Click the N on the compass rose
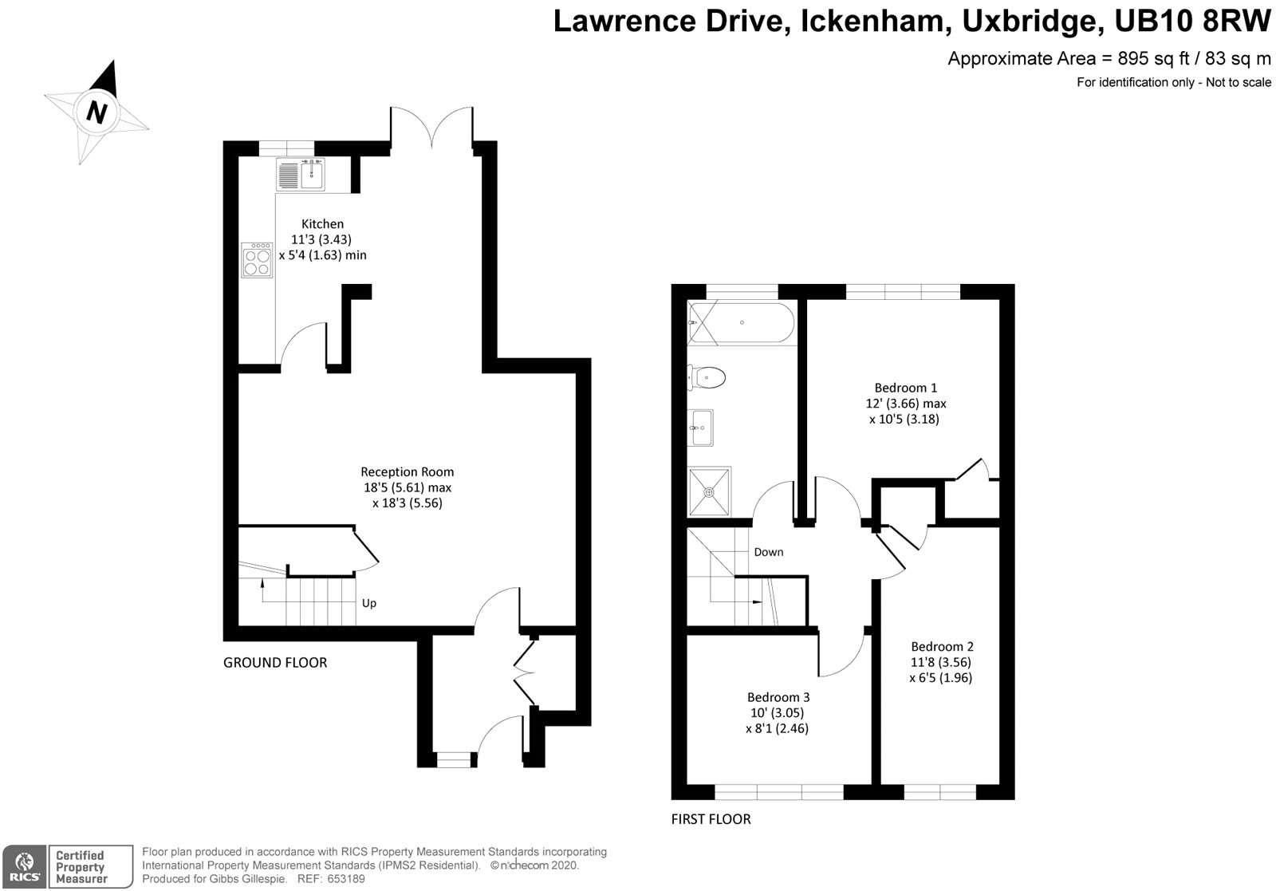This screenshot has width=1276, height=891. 97,112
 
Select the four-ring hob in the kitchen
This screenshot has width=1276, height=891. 258,260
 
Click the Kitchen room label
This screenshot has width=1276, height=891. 322,224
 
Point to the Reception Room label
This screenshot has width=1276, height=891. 407,471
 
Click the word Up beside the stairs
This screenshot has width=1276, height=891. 369,603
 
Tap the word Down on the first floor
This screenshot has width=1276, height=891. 769,552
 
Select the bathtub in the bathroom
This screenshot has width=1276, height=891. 742,323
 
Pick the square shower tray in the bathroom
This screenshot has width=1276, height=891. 709,491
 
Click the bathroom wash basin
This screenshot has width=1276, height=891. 702,428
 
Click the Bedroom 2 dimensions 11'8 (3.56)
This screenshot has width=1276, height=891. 941,662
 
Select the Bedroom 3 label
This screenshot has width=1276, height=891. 778,697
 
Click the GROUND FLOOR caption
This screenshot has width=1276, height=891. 275,663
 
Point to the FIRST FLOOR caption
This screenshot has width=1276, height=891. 711,819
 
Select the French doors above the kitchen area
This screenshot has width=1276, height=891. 431,128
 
